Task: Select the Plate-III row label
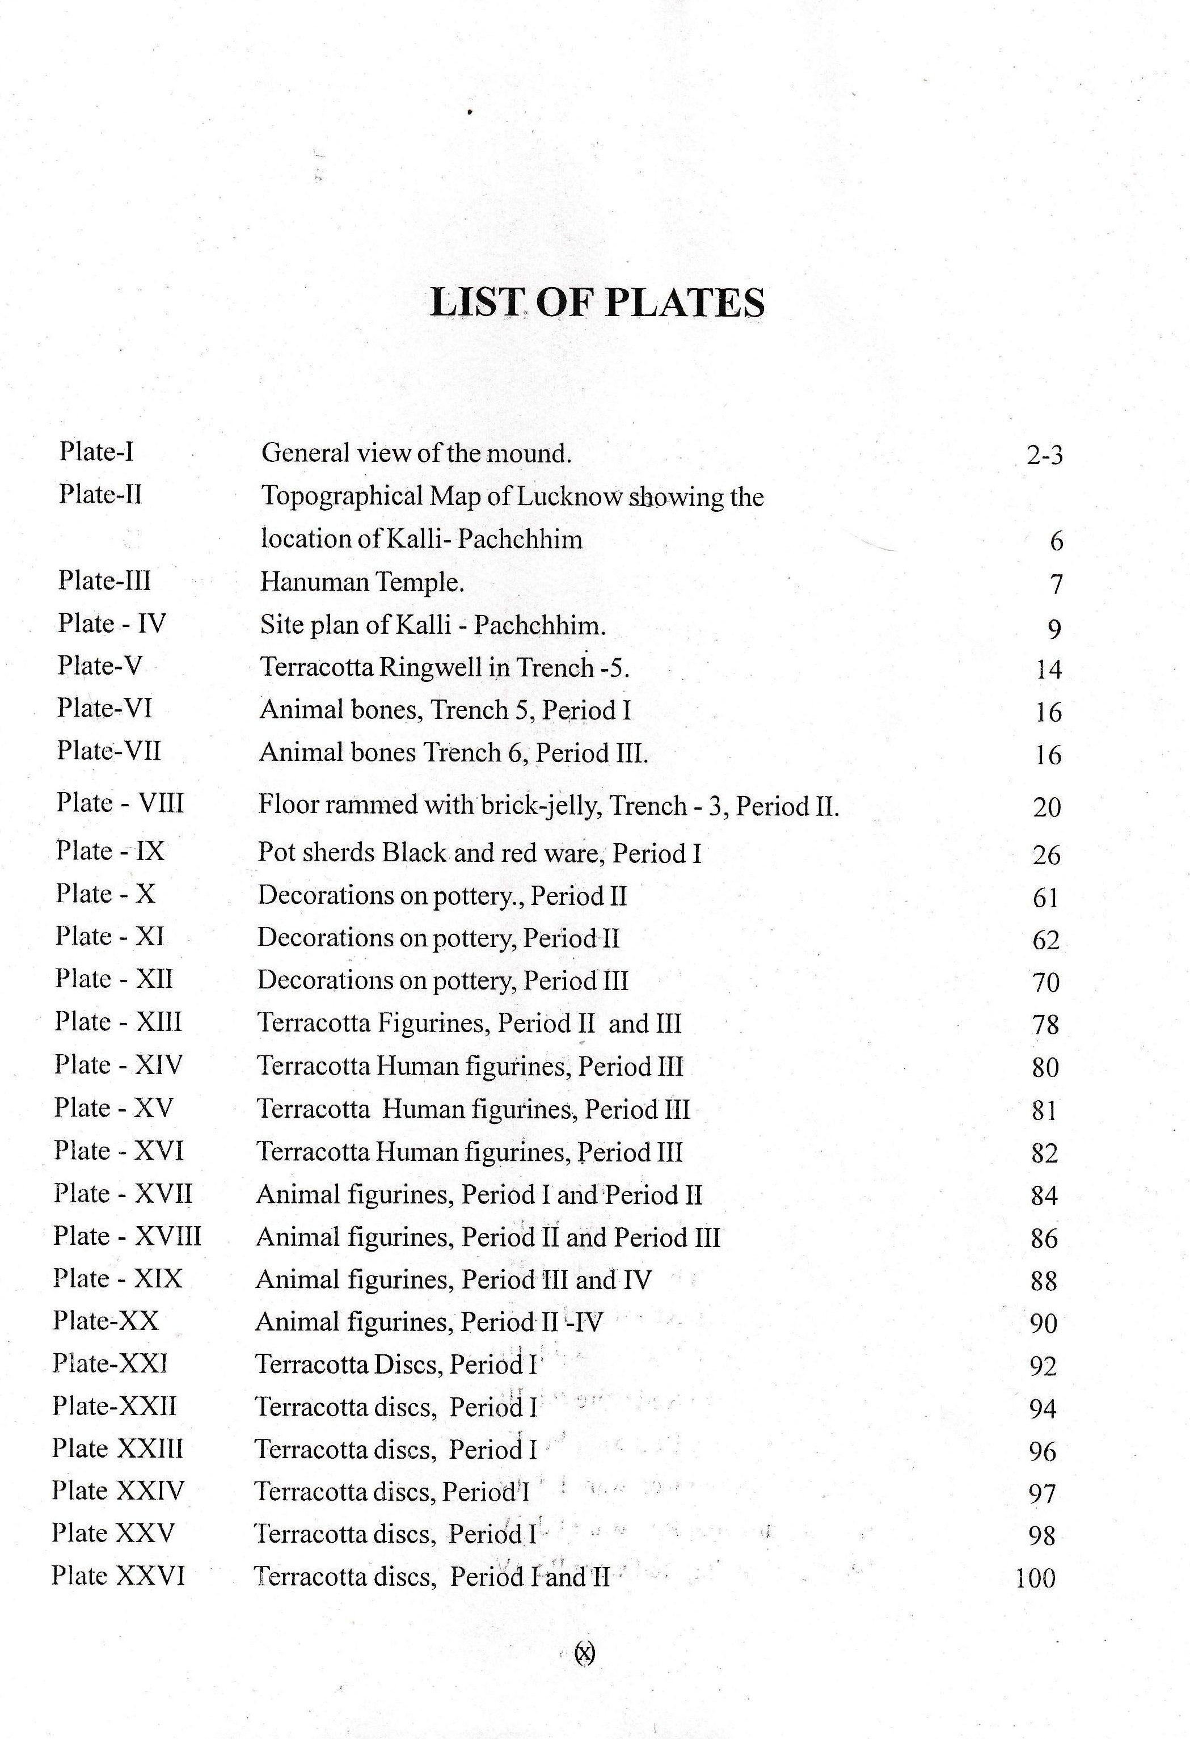[x=105, y=580]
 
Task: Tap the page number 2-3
[x=1044, y=455]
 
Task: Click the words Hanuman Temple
[x=362, y=582]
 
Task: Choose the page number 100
[x=1035, y=1579]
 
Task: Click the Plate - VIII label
[x=120, y=803]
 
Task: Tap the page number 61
[x=1045, y=897]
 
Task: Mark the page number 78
[x=1045, y=1025]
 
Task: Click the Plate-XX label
[x=106, y=1321]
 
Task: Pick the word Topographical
[x=340, y=498]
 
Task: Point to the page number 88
[x=1044, y=1281]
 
